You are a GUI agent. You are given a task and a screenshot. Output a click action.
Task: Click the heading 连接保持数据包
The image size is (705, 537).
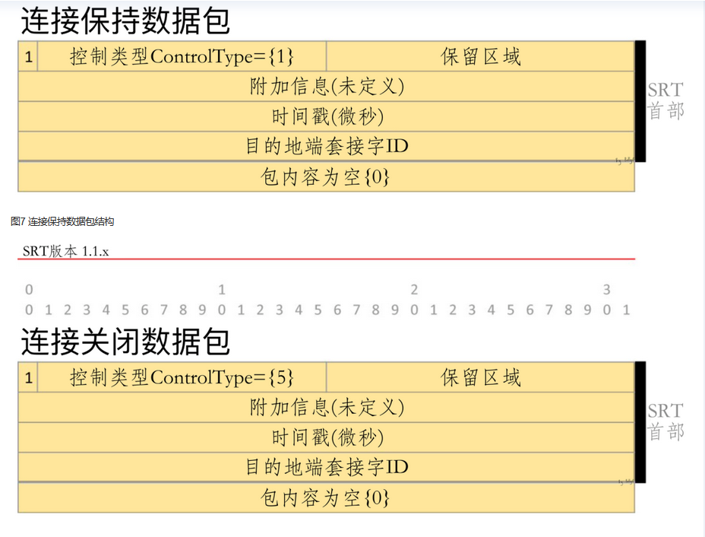click(125, 21)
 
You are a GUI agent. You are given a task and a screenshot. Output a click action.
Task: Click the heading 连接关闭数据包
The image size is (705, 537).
click(125, 342)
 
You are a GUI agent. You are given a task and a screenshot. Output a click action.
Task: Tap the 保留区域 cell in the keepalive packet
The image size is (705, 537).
click(481, 57)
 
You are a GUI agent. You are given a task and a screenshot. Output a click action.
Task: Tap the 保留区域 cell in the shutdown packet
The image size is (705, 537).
click(481, 377)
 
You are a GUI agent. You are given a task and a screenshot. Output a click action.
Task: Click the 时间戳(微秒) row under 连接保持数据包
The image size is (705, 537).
click(327, 116)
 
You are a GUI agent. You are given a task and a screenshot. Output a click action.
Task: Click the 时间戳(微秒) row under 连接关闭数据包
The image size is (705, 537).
click(327, 437)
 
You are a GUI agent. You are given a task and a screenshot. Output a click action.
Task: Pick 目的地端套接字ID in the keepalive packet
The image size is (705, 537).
click(327, 146)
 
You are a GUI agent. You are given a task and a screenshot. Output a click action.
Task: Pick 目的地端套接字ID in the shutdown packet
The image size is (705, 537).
click(327, 467)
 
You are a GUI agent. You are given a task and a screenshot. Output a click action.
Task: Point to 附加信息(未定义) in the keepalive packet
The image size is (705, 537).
click(327, 87)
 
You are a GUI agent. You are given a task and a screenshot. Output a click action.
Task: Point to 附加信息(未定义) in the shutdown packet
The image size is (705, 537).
click(327, 408)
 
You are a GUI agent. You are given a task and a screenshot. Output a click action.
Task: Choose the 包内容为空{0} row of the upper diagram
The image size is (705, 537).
click(327, 177)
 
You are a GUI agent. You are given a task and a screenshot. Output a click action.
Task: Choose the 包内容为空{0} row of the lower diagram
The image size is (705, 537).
click(327, 498)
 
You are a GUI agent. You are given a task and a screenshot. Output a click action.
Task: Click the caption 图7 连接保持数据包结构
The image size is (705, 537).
click(62, 221)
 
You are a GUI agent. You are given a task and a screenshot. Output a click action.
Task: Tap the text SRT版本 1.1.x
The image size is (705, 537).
click(65, 251)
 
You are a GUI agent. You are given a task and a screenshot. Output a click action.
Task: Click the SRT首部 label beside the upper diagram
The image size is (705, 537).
click(665, 100)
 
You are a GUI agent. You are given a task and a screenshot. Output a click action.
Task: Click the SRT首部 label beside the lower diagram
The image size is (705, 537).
click(665, 421)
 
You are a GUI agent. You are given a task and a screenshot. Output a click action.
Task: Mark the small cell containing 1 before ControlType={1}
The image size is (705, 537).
click(28, 57)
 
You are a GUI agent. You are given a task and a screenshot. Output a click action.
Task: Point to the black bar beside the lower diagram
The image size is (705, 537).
click(640, 422)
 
